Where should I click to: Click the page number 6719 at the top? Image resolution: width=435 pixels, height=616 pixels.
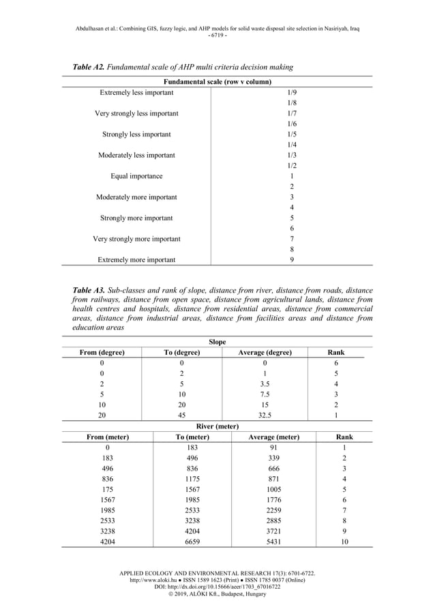pos(217,35)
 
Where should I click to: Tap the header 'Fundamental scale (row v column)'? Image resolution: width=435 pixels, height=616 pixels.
pos(218,81)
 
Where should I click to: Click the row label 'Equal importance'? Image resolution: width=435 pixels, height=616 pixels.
pos(136,176)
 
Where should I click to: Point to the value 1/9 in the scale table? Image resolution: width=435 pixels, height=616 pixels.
pos(292,91)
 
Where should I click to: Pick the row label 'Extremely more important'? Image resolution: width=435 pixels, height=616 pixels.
pos(136,260)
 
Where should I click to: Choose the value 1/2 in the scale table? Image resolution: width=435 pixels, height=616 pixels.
pos(292,166)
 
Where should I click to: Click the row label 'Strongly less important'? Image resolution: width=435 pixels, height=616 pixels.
pos(136,134)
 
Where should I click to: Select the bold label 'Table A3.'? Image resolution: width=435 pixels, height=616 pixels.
pos(91,290)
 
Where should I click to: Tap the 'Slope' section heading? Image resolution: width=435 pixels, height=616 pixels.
pos(217,342)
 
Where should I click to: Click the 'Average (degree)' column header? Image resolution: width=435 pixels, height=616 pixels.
pos(265,353)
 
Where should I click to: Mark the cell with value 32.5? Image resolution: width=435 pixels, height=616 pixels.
pos(265,415)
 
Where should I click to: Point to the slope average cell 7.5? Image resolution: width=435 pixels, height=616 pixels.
pos(265,394)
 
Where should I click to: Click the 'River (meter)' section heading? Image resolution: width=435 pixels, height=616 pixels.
pos(217,426)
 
